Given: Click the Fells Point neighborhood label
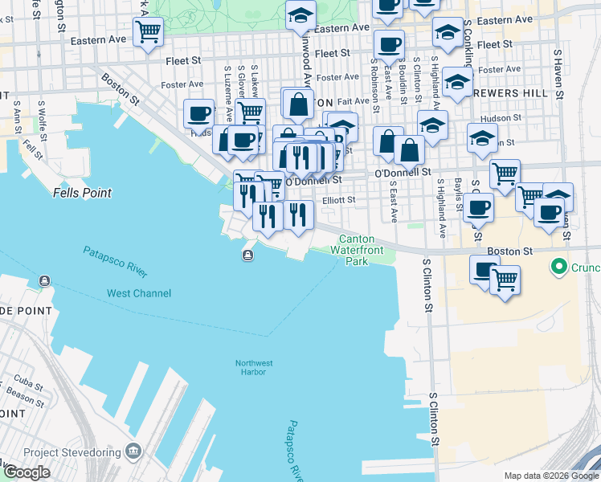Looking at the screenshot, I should pos(82,193).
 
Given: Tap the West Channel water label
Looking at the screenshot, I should pos(139,293).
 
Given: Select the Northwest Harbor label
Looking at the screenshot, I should pos(255,367).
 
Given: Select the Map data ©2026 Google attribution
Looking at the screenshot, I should pos(550,476).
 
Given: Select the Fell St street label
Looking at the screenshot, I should pos(31,150).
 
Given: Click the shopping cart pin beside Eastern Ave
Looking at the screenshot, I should pos(148,32).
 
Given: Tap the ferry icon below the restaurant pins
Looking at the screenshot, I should pos(247,255).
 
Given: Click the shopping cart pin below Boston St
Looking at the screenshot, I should pos(505,280).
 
